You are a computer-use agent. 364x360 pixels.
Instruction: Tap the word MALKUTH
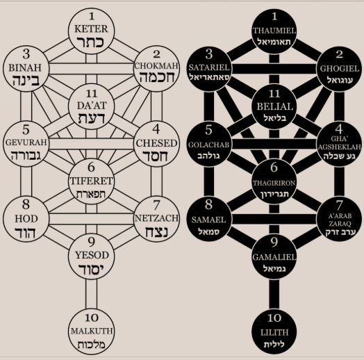(92, 331)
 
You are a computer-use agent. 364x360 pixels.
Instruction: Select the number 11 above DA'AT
(92, 94)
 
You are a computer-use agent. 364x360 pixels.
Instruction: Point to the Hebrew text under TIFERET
(91, 194)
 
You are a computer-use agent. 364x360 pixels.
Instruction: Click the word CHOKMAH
(156, 66)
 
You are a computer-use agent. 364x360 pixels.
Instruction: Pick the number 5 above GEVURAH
(26, 129)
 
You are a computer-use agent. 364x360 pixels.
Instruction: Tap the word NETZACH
(156, 218)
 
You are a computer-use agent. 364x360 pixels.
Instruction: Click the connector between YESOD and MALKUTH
(91, 294)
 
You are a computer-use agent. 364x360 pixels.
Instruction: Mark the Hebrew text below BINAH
(26, 80)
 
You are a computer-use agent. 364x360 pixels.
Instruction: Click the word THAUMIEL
(274, 31)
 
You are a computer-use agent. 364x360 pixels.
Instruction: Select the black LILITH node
(274, 332)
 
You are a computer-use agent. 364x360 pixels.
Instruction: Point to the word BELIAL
(274, 106)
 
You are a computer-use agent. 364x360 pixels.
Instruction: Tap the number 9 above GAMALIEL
(274, 242)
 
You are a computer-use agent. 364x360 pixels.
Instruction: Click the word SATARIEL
(209, 67)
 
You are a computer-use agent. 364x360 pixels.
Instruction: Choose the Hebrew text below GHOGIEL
(340, 80)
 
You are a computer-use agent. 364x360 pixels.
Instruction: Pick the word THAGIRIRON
(274, 183)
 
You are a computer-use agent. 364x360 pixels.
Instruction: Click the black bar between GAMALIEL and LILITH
(274, 295)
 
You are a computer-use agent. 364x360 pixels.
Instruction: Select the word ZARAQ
(340, 223)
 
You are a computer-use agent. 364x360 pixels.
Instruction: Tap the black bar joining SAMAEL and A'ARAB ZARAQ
(274, 219)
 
